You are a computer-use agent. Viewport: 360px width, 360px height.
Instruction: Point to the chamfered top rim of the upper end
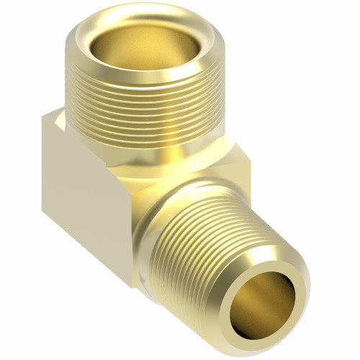tap(86, 32)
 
